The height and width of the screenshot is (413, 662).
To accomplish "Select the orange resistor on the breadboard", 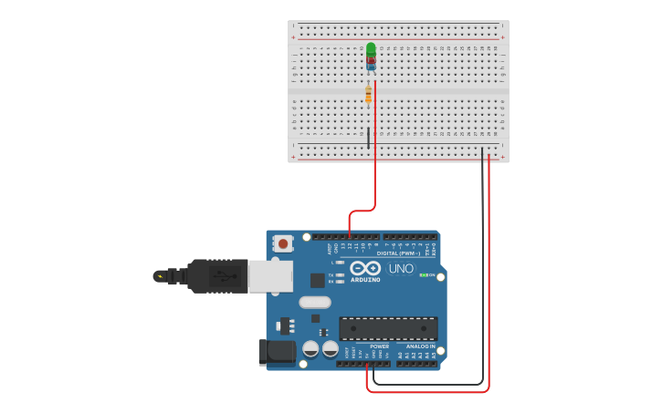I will (x=368, y=95).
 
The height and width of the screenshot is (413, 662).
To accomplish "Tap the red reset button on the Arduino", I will (x=283, y=243).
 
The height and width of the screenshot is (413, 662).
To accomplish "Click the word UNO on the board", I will (x=401, y=269).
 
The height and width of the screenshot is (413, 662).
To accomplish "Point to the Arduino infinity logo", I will (x=365, y=268).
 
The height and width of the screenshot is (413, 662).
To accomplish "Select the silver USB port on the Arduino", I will (x=270, y=275).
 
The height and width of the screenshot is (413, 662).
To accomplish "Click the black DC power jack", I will (x=276, y=352).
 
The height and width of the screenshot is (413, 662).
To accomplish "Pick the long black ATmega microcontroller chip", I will (x=388, y=328).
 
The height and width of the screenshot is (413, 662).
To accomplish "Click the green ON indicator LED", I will (x=424, y=274).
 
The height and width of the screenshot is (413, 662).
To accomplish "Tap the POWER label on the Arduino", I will (x=379, y=346).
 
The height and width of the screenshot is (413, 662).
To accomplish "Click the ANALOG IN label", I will (x=420, y=346).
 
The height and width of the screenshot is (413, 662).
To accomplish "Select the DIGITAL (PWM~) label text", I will (x=399, y=253).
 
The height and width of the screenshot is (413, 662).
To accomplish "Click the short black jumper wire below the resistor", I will (x=368, y=138).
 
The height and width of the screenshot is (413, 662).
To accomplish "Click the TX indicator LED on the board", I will (x=340, y=274).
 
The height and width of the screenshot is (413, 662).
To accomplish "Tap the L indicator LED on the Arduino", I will (x=340, y=263).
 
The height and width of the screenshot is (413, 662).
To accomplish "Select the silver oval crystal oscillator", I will (x=314, y=302).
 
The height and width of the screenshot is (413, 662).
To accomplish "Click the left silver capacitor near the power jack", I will (x=310, y=348).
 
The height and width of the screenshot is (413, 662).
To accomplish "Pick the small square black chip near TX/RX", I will (x=317, y=281).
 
